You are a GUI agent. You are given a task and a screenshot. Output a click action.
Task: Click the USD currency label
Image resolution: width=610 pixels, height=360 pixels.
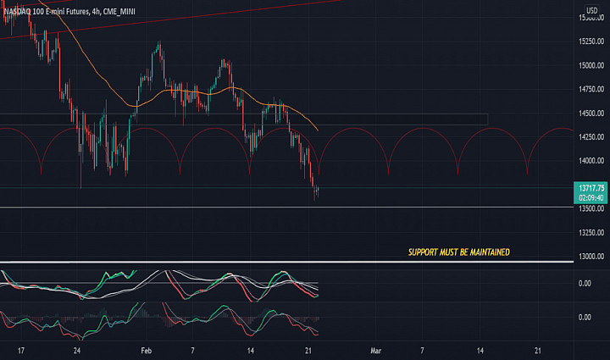coord(591,11)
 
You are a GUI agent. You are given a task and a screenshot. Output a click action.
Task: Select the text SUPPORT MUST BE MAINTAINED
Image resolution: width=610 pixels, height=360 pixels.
coord(458,252)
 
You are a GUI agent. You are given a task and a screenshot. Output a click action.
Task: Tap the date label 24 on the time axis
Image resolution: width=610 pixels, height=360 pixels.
coord(77,349)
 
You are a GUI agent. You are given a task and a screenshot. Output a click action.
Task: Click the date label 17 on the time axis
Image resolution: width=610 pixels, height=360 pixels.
coord(20,349)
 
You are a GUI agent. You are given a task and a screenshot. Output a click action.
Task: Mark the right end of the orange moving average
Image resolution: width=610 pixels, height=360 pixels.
coord(318,130)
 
